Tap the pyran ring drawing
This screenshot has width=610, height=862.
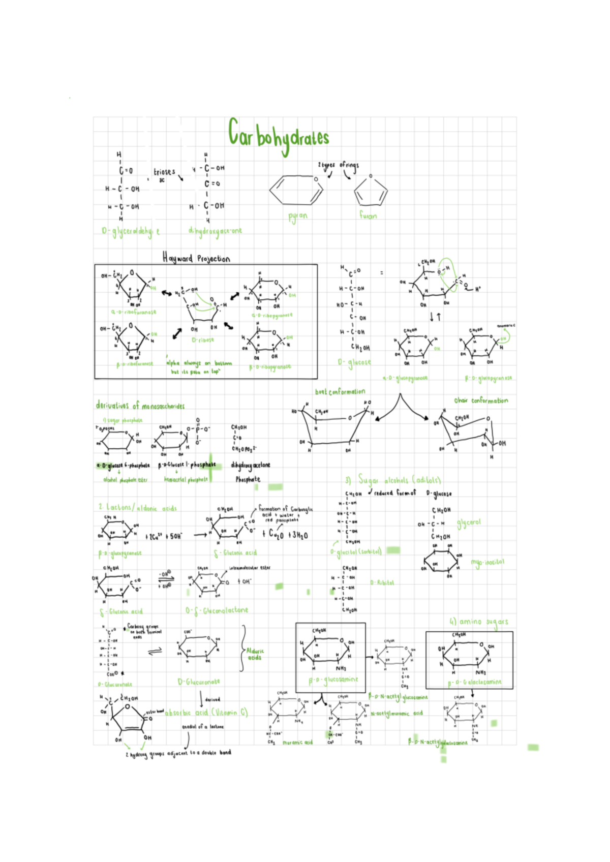point(297,190)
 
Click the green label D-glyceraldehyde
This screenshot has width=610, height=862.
point(131,232)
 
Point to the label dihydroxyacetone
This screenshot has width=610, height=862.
point(215,231)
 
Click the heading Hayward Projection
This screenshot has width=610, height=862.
point(196,258)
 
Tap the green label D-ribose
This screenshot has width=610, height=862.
point(203,340)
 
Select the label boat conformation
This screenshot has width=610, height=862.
point(340,392)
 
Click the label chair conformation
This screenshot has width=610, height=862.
point(481,401)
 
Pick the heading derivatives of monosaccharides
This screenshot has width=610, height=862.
point(140,406)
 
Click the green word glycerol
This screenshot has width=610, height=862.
point(468,522)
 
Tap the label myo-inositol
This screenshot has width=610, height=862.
point(487,562)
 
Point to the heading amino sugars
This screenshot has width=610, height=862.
point(478,622)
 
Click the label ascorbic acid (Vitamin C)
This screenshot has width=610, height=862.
point(206,713)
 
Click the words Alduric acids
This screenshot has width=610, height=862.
point(255,654)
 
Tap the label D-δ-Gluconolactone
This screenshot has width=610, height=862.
point(217,610)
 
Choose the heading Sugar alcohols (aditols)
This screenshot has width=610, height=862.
point(392,480)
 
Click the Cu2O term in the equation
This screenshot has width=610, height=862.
point(277,534)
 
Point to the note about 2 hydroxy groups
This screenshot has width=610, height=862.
point(178,753)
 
